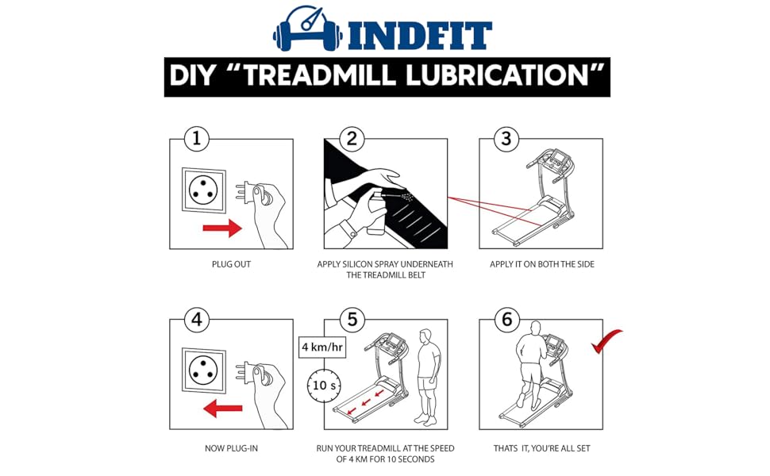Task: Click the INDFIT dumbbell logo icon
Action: click(308, 29)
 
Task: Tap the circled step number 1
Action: click(197, 139)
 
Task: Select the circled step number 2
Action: click(352, 139)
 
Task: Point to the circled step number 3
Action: click(506, 139)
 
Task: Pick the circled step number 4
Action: click(197, 320)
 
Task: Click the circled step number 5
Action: click(352, 320)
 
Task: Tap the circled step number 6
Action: click(506, 320)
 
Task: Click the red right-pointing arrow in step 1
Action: click(222, 228)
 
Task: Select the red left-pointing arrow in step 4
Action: click(223, 409)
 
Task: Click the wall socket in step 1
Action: click(204, 190)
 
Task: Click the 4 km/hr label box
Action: click(322, 347)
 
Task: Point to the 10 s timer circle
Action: click(324, 386)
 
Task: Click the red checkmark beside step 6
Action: click(606, 341)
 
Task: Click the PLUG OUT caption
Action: click(231, 264)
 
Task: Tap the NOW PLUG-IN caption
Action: click(231, 448)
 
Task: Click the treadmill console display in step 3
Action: click(558, 159)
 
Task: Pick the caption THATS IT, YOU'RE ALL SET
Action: click(541, 448)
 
